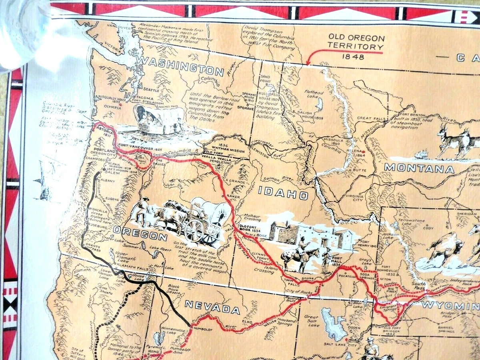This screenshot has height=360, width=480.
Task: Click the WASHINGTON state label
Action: (x=179, y=67)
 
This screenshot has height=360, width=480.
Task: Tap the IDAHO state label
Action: (x=283, y=193)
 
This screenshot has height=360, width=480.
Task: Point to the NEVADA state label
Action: (x=212, y=309)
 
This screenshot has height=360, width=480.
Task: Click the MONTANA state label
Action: (x=419, y=168)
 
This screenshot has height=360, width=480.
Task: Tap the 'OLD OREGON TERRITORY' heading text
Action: (x=356, y=42)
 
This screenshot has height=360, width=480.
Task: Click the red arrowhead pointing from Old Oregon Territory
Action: (x=307, y=63)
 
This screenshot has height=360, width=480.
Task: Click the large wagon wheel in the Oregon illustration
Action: (x=195, y=231)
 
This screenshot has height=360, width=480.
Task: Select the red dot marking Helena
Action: (x=363, y=152)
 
